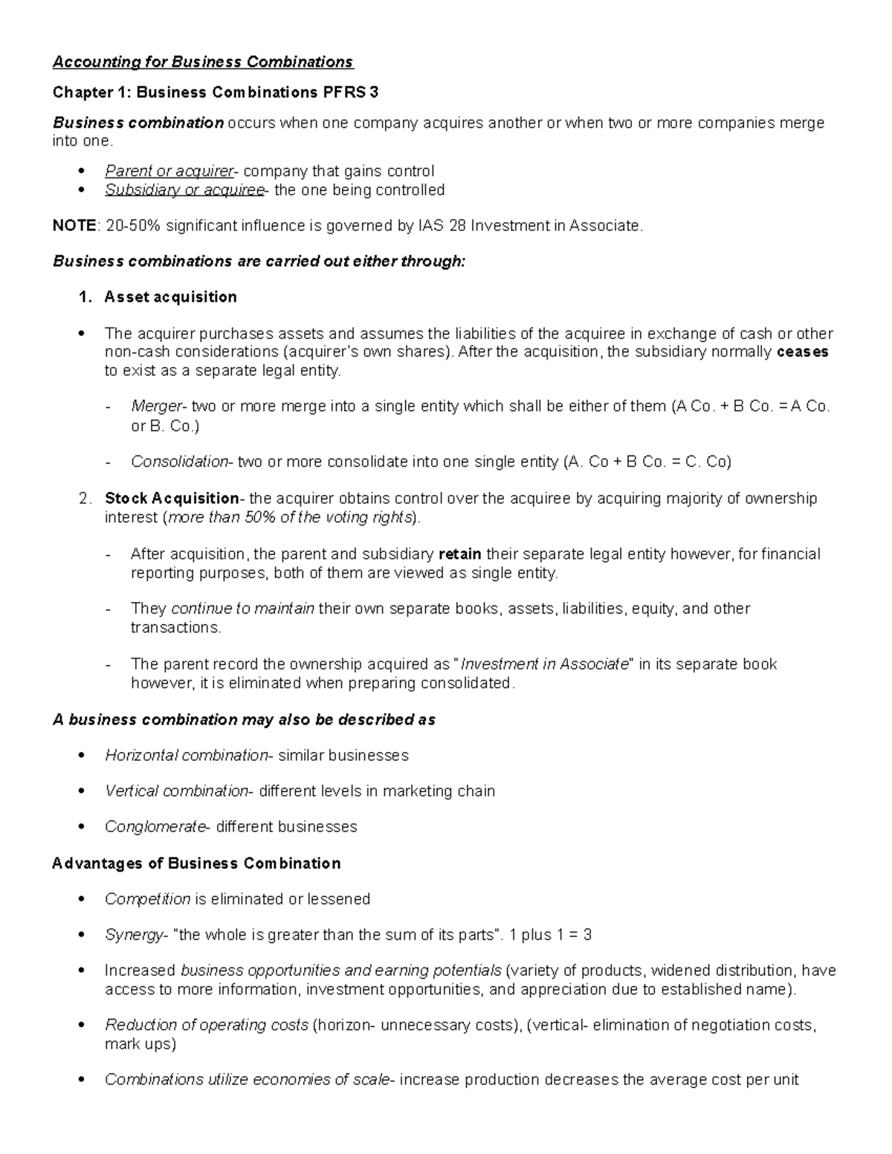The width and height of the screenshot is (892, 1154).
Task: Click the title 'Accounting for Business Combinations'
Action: click(x=203, y=62)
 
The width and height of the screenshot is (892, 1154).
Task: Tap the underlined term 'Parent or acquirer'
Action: click(x=169, y=171)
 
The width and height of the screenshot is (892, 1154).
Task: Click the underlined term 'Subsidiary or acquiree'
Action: click(x=184, y=190)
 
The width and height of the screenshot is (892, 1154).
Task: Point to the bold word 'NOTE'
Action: click(x=74, y=226)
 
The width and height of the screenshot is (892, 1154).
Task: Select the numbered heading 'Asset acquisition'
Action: click(x=170, y=297)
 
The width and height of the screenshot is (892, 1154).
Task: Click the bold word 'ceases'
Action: click(x=802, y=352)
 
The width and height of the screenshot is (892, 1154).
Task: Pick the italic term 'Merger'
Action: click(x=156, y=406)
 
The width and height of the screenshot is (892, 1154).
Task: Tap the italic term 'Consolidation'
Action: click(x=178, y=462)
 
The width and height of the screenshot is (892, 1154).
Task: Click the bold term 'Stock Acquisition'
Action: click(x=171, y=499)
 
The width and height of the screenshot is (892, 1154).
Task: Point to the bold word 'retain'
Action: click(x=460, y=554)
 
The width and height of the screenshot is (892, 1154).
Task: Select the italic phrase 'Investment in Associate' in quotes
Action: click(x=545, y=664)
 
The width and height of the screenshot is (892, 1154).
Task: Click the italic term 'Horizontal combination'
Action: click(x=186, y=756)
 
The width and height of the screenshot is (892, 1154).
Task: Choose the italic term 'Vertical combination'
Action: click(x=176, y=791)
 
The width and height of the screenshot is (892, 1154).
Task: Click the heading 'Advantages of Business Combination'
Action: click(x=196, y=863)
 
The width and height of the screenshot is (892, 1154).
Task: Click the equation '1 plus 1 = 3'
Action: click(x=551, y=935)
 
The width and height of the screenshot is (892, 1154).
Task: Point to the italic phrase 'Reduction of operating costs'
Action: click(x=206, y=1025)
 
